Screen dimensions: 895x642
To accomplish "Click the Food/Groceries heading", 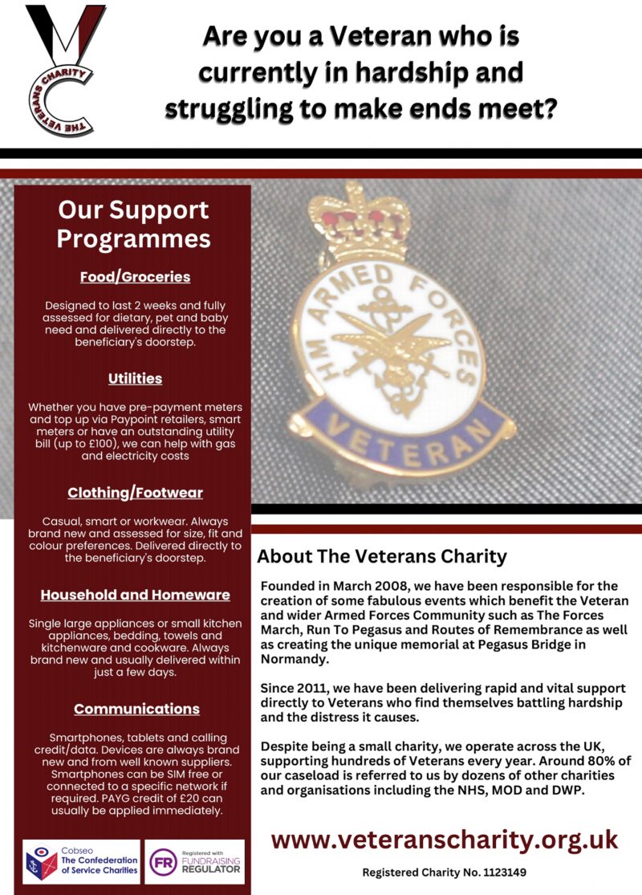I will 135,277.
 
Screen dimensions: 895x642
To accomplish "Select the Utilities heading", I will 135,378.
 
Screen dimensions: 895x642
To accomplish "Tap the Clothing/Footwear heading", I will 135,493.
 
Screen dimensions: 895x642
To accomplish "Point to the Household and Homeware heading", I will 135,595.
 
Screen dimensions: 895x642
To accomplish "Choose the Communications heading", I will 136,709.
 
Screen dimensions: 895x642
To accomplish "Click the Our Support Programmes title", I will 134,224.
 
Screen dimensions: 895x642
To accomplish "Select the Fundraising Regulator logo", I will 193,862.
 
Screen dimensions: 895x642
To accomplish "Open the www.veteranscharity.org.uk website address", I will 445,839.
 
